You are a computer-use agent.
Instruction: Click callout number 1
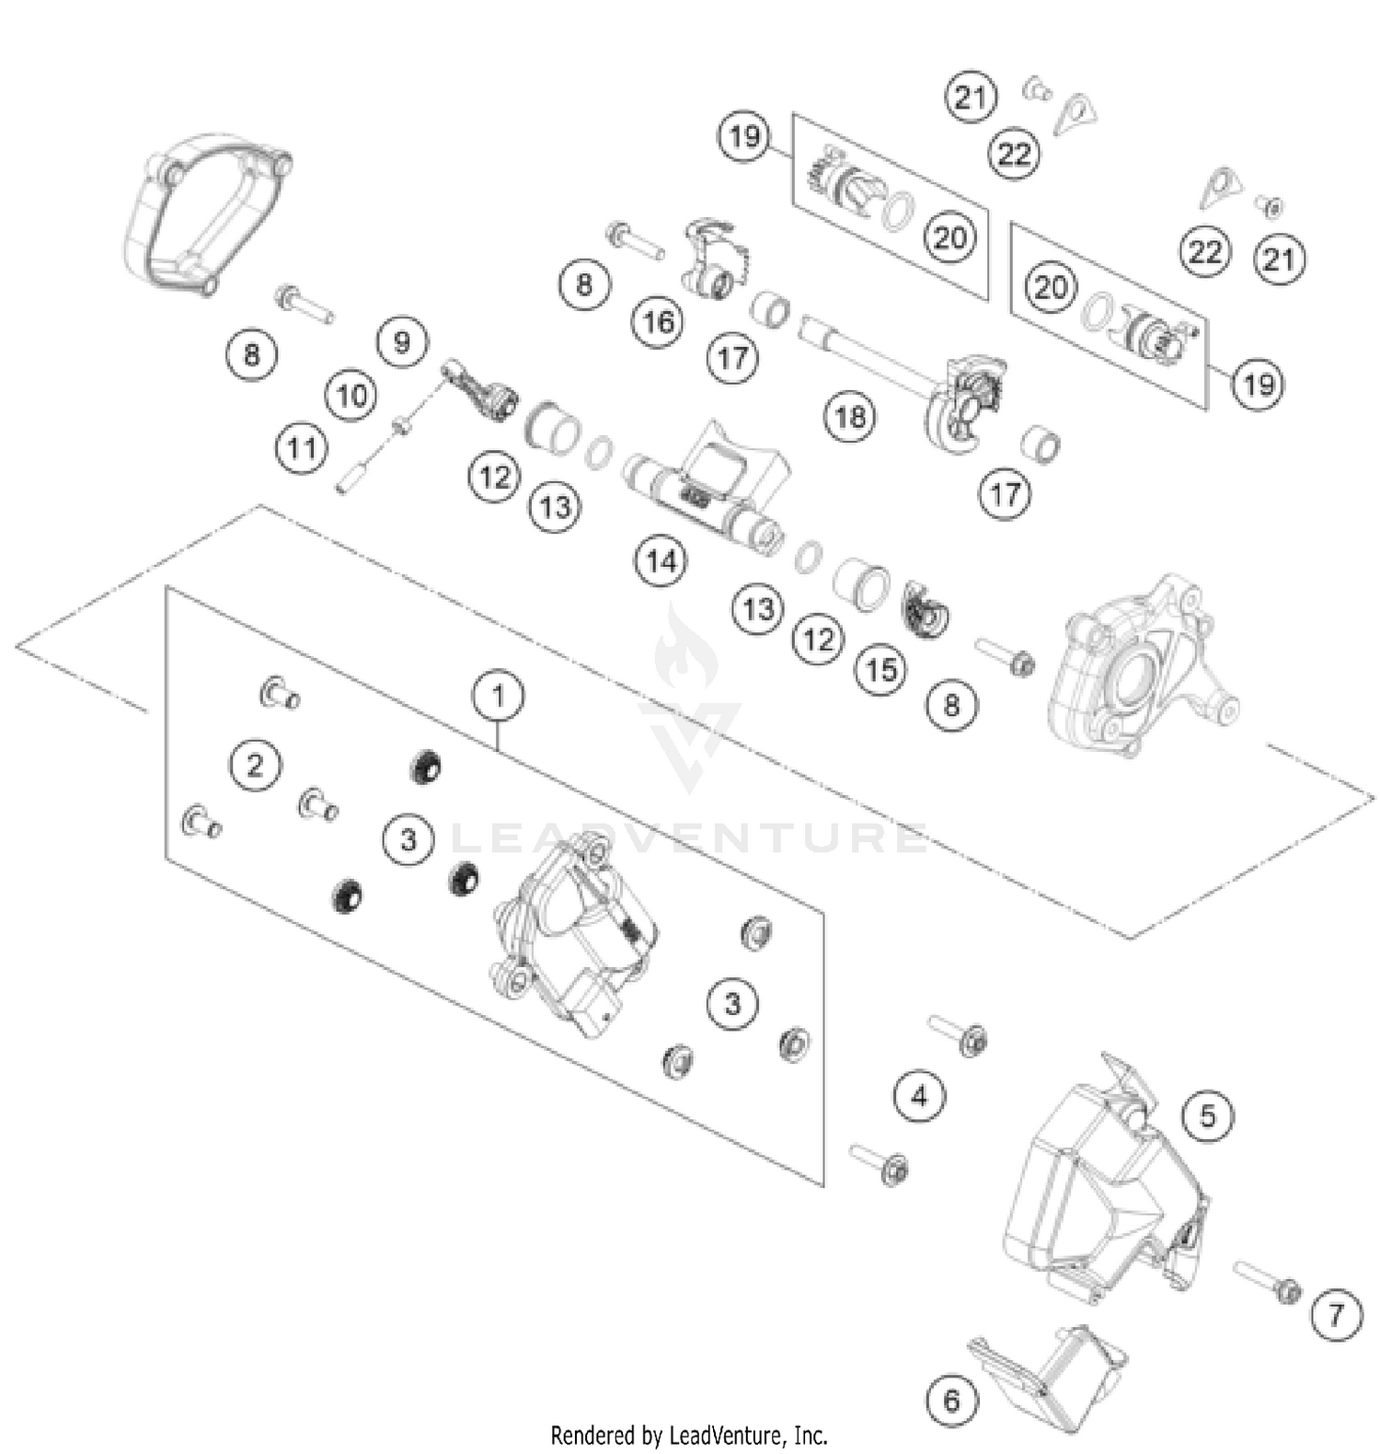tap(498, 696)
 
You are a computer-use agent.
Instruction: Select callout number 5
tap(1207, 1116)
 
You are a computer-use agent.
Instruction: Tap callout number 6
tap(951, 1401)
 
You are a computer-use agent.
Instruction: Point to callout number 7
tap(1335, 1314)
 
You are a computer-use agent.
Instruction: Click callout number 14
tap(661, 560)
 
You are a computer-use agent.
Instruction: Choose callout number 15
tap(880, 669)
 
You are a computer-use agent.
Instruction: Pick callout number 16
tap(658, 321)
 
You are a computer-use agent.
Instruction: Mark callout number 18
tap(849, 417)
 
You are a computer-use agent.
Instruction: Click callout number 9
tap(402, 342)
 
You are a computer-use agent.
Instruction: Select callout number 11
tap(302, 449)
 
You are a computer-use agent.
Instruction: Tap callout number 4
tap(919, 1096)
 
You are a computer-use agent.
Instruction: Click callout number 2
tap(255, 765)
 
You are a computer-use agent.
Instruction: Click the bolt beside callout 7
tap(1266, 1280)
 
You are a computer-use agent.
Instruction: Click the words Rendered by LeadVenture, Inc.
tap(689, 1435)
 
